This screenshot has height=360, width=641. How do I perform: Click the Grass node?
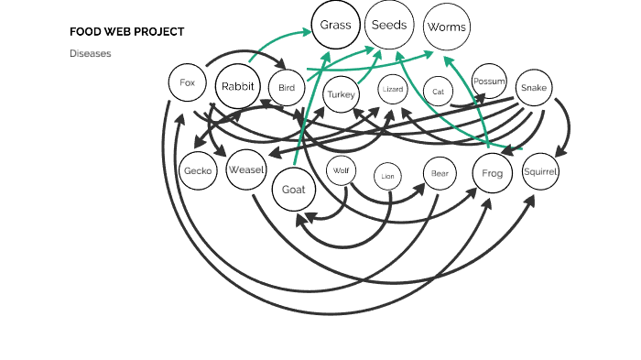tap(336, 26)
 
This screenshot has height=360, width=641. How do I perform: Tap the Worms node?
tap(447, 27)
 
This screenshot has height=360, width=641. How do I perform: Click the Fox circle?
tap(187, 83)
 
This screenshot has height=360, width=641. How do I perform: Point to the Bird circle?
tap(287, 88)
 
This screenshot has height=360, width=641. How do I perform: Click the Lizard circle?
tap(393, 90)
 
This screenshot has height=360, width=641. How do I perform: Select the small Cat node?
tap(439, 92)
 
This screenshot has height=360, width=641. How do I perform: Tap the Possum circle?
tap(489, 82)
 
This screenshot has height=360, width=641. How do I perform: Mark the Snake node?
tap(533, 88)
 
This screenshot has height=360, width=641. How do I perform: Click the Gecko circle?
tap(198, 171)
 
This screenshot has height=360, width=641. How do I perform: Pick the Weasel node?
tap(246, 169)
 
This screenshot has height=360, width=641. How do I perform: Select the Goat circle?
tap(294, 191)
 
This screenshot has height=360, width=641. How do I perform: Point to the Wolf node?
tap(342, 170)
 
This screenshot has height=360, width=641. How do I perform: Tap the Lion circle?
tap(388, 176)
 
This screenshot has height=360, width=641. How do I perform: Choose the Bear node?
tap(440, 172)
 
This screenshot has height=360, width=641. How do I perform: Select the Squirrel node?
tap(540, 171)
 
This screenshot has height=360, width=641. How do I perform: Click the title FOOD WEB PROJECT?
tap(126, 32)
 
